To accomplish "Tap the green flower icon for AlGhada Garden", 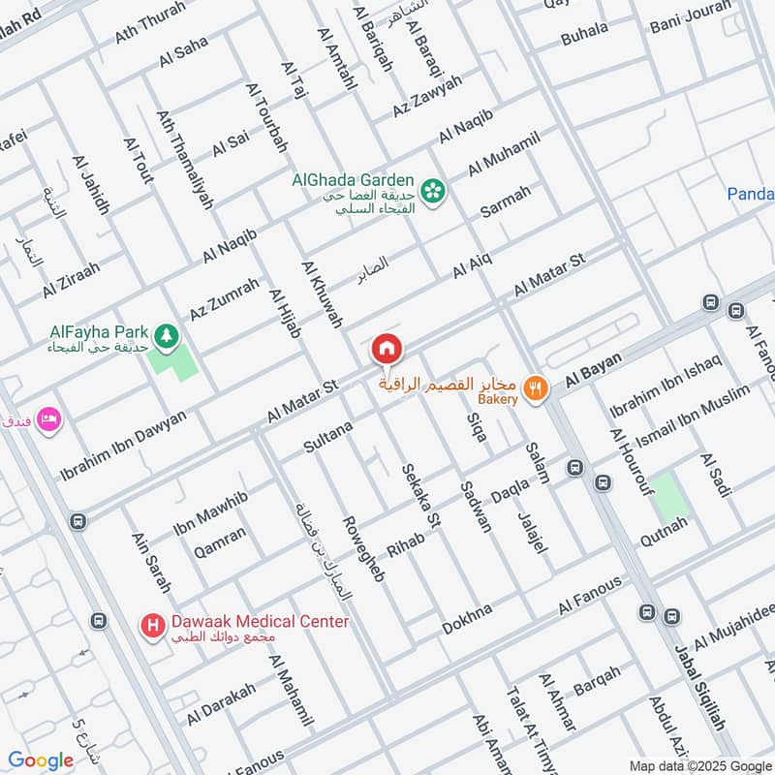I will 432,189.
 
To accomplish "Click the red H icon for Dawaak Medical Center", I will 151,628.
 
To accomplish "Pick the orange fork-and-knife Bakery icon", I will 534,389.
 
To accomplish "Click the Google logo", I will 41,760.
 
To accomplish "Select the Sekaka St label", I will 422,495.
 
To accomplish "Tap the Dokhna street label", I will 467,617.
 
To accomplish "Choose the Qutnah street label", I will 663,531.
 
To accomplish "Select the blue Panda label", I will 751,194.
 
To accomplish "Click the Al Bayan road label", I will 593,367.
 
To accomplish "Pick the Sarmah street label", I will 506,201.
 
